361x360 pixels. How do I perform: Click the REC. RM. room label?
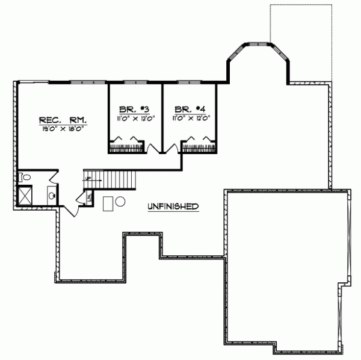(61, 119)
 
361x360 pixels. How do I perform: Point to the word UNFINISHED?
(173, 206)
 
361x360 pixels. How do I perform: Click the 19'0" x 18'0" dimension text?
(61, 128)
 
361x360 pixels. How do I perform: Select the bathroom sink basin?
(52, 195)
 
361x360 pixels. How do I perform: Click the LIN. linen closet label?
(89, 197)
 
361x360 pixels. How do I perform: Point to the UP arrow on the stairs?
(88, 179)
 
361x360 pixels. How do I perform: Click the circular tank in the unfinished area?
(120, 202)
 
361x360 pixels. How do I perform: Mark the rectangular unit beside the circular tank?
(108, 203)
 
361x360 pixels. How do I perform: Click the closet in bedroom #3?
(127, 146)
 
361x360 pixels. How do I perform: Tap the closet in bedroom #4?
(199, 146)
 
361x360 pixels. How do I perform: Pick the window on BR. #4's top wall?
(190, 82)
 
